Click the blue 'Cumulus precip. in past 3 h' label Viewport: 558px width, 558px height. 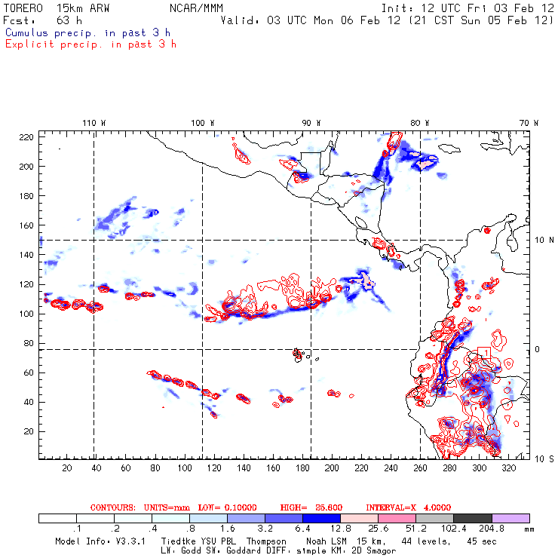point(87,32)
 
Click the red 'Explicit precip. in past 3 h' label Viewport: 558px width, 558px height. point(90,44)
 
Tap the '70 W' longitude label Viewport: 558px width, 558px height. point(530,123)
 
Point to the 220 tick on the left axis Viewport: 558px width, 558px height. point(26,137)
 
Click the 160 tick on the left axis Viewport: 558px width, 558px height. point(26,225)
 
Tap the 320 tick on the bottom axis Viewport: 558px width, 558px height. point(509,468)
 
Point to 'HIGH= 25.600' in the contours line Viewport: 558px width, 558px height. point(308,507)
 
